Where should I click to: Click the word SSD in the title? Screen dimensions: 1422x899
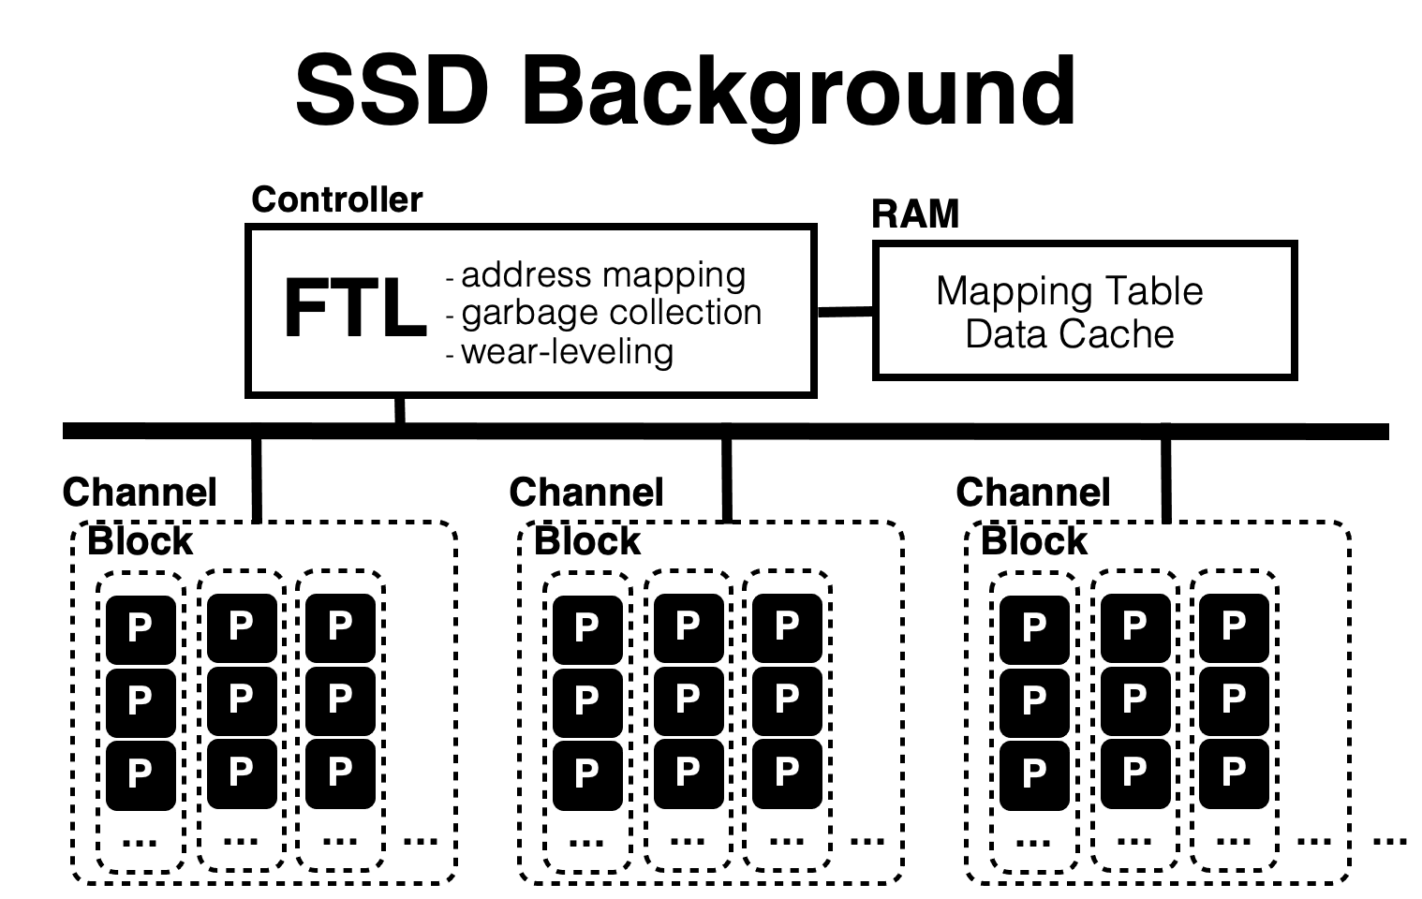392,90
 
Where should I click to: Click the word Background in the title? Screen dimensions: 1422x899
799,96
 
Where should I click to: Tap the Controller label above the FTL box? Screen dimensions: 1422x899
337,199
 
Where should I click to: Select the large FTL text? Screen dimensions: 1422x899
355,308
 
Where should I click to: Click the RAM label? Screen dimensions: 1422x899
915,214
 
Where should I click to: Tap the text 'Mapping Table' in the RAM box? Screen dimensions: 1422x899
1070,291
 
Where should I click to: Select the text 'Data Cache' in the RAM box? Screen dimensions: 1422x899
1070,333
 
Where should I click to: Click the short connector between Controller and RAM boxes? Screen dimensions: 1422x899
845,312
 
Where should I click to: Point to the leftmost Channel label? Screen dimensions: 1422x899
140,493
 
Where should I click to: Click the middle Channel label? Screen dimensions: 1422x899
586,493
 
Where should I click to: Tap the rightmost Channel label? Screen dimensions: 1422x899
1033,493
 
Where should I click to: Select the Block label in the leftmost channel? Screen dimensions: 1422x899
141,541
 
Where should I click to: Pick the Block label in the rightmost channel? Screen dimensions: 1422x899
1034,541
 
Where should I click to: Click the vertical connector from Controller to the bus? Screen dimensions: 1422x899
400,410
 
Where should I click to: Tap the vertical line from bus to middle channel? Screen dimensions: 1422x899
727,480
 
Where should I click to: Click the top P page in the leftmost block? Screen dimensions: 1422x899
141,629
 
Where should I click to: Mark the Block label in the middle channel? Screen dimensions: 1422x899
587,541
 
